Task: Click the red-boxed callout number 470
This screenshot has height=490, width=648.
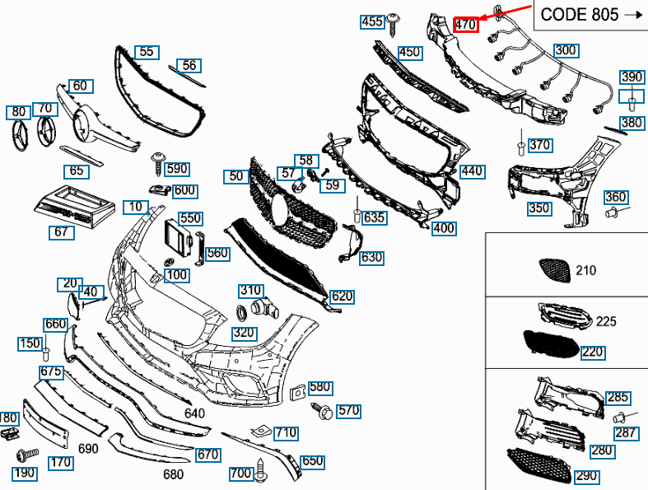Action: (x=466, y=25)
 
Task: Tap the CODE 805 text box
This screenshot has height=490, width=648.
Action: (x=591, y=15)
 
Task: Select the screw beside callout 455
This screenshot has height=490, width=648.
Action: (x=393, y=24)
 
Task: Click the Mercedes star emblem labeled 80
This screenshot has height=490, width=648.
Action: (x=19, y=135)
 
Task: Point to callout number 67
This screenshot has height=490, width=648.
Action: (x=62, y=232)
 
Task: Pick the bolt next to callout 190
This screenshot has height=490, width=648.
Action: (x=27, y=455)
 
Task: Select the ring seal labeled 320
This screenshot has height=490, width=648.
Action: (x=241, y=312)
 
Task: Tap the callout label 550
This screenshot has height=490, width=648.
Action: (x=190, y=218)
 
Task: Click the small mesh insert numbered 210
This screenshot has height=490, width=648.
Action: (x=555, y=270)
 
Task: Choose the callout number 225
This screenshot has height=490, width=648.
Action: (x=606, y=321)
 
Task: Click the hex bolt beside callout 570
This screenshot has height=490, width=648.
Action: (x=322, y=410)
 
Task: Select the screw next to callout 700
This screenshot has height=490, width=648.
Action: (x=260, y=470)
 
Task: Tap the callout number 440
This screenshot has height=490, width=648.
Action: (x=472, y=171)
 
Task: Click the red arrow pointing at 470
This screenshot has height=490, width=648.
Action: (x=506, y=12)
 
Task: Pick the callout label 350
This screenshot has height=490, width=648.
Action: (x=539, y=208)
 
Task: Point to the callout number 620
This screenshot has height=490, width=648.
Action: (x=342, y=296)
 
